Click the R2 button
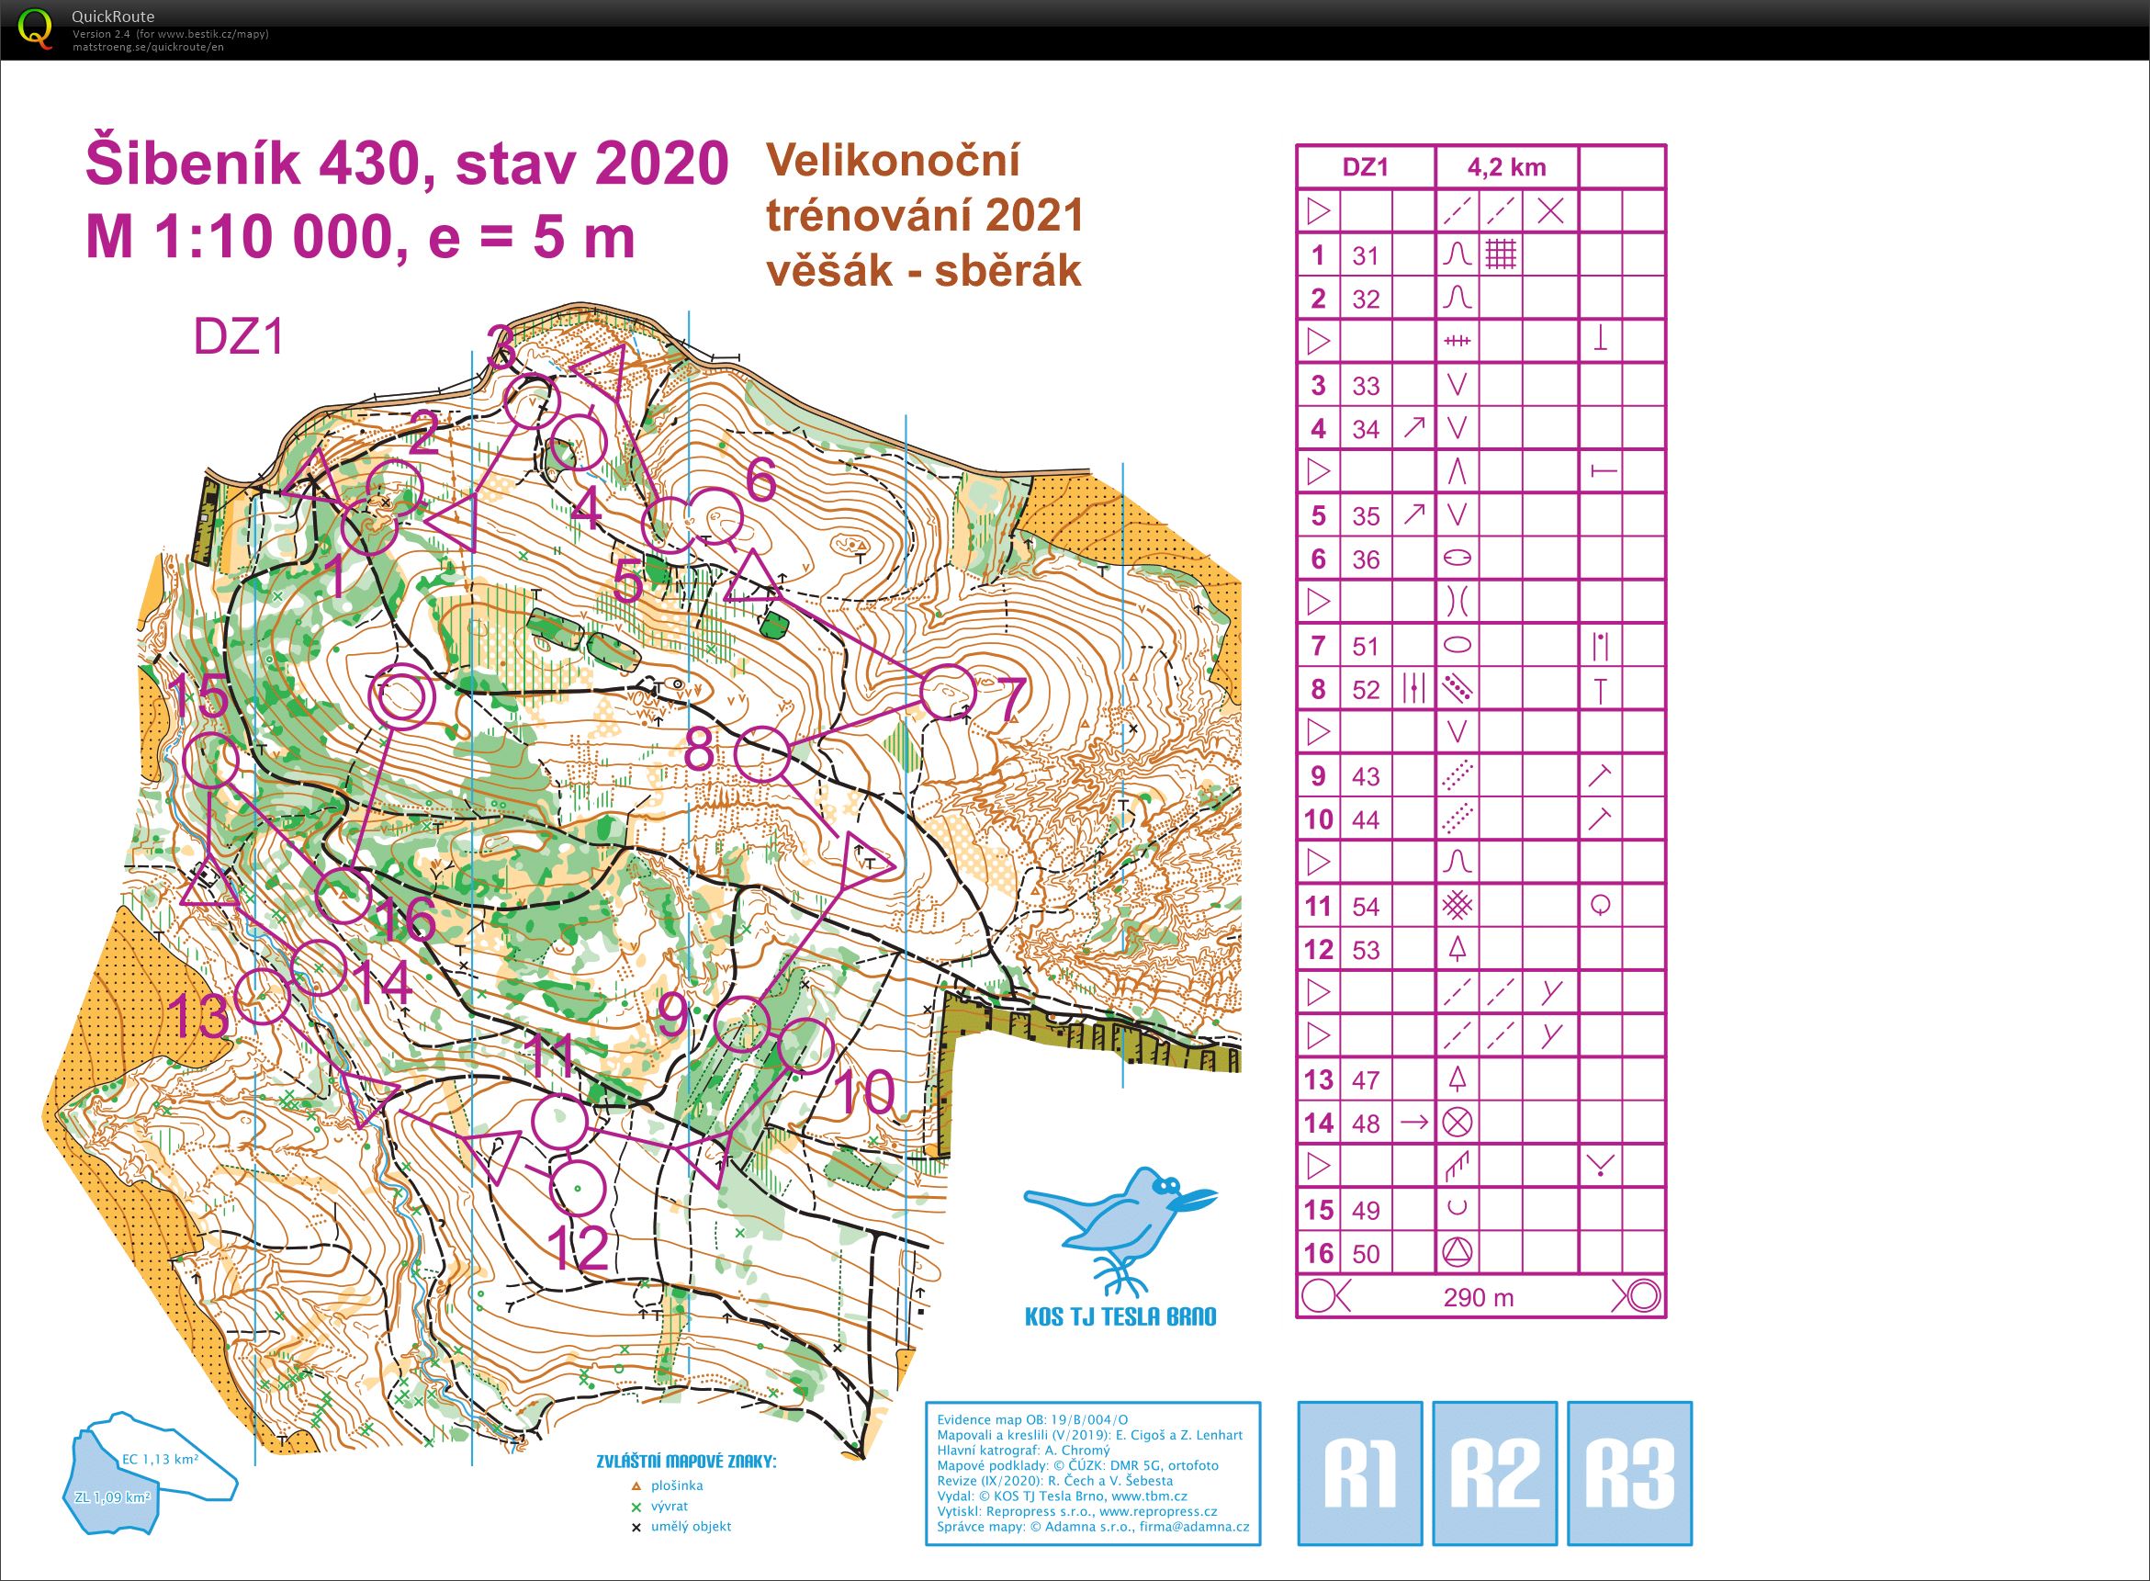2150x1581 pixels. click(1494, 1474)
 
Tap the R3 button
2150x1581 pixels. click(1629, 1474)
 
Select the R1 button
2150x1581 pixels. click(1359, 1474)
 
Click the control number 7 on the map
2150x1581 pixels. click(1012, 697)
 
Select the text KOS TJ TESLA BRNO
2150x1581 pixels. click(1120, 1316)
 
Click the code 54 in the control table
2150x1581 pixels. click(1366, 907)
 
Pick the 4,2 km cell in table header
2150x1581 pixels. click(1506, 167)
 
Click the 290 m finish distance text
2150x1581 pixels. click(1479, 1298)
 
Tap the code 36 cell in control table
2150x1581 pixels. click(1366, 559)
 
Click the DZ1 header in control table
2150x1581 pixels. click(1365, 167)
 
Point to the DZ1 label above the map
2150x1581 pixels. click(239, 337)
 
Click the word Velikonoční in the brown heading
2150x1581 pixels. click(893, 161)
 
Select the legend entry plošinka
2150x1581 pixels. click(676, 1485)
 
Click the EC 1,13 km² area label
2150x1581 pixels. click(159, 1460)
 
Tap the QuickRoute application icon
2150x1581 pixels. click(36, 28)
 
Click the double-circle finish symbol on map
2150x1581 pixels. click(402, 697)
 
